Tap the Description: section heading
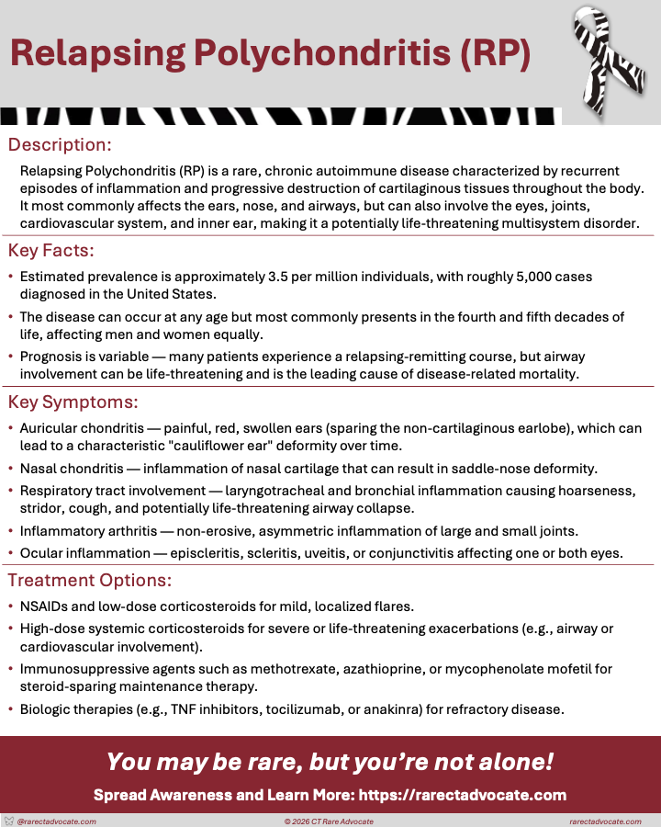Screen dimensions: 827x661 pyautogui.click(x=60, y=144)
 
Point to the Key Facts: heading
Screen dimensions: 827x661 pyautogui.click(x=51, y=250)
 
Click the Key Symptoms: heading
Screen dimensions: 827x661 pyautogui.click(x=73, y=402)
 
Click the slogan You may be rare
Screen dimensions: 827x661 pyautogui.click(x=330, y=763)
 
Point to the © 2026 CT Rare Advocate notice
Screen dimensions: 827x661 pyautogui.click(x=329, y=821)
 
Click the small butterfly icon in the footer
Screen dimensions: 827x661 pyautogui.click(x=9, y=821)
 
